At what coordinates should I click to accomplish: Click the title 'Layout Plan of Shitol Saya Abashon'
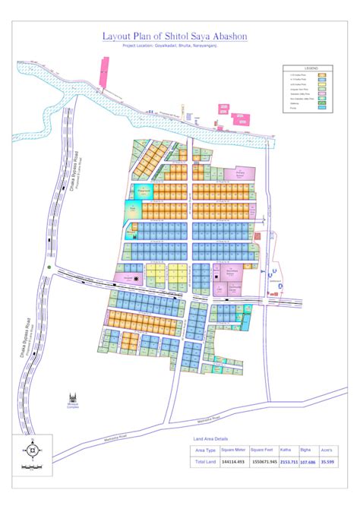click(x=175, y=36)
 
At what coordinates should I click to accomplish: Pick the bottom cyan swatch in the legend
click(x=322, y=109)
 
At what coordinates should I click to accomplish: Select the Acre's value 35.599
click(x=329, y=463)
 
